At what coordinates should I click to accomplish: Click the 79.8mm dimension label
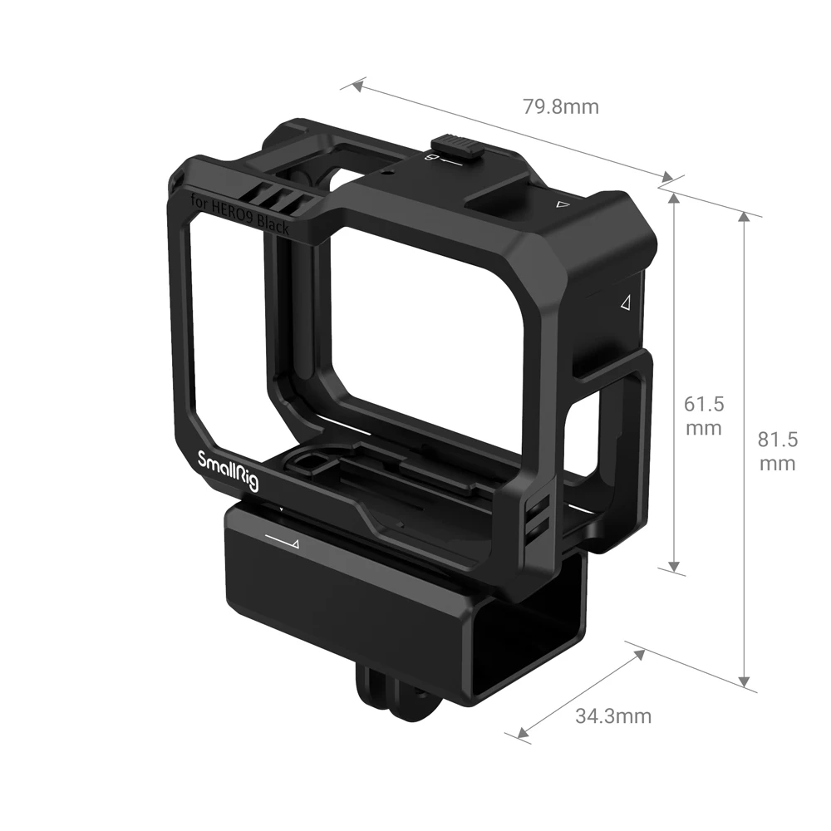coord(560,106)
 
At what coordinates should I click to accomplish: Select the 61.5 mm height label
coord(703,415)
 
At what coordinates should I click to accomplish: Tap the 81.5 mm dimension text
coord(777,451)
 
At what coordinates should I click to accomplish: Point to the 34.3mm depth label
coord(613,715)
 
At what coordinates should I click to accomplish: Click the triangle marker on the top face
coord(563,203)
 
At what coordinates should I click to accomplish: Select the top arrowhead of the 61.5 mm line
coord(676,199)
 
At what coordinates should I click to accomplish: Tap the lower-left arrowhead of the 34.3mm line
coord(521,731)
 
